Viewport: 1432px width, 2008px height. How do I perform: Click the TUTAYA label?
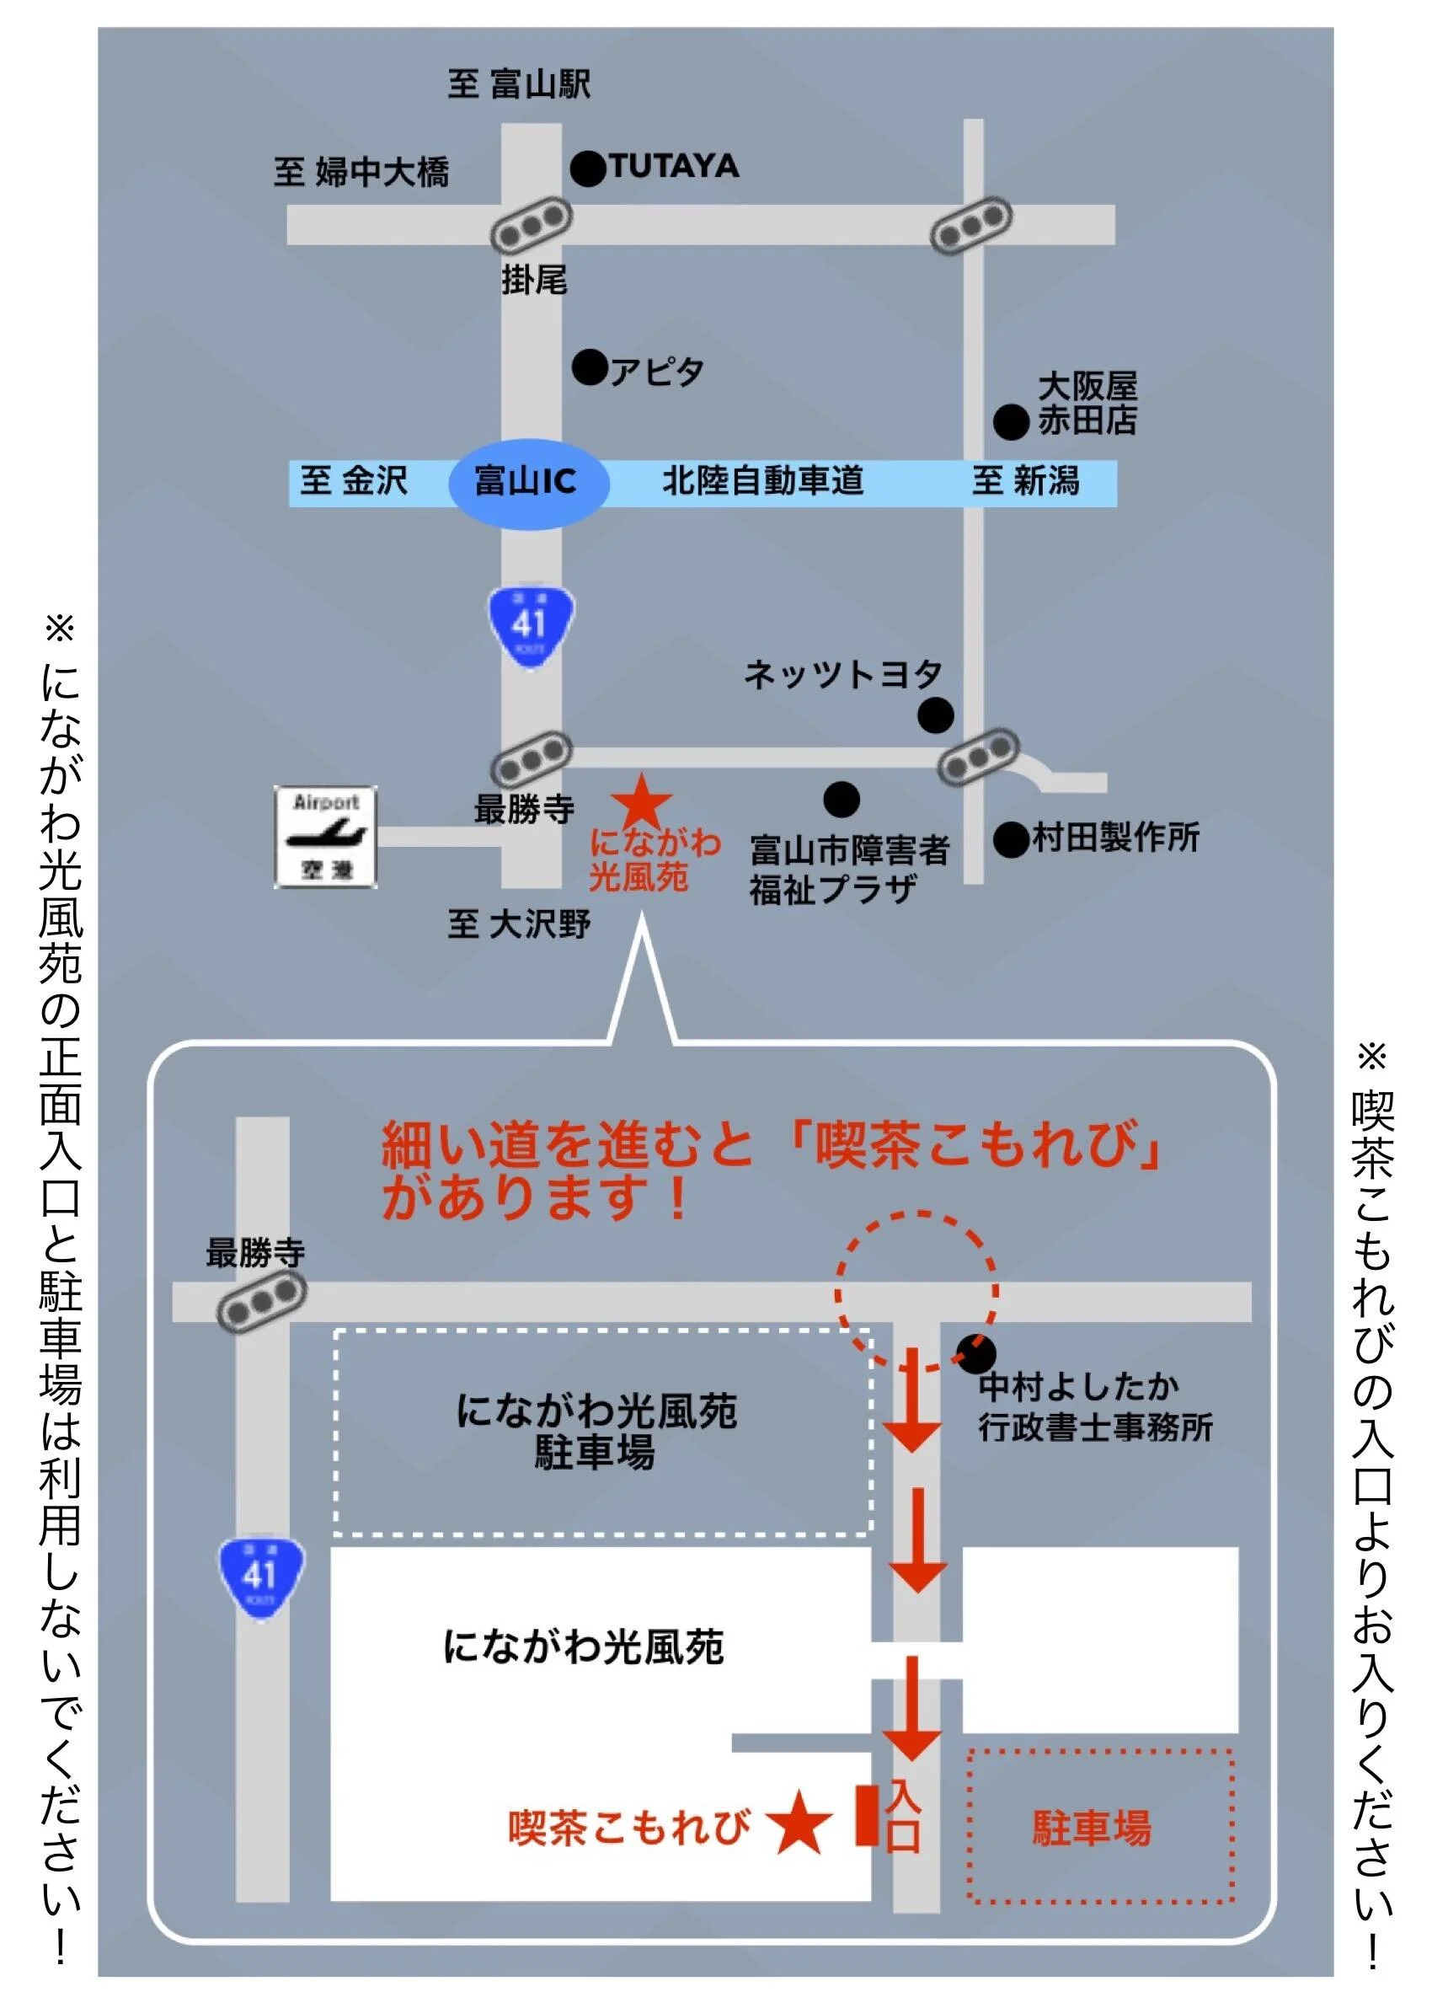[x=674, y=166]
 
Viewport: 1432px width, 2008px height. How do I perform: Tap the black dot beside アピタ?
[x=590, y=367]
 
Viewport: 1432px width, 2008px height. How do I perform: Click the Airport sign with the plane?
[x=325, y=836]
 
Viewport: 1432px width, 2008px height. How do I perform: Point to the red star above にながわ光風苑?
[x=643, y=801]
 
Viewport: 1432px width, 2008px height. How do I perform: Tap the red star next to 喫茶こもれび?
[x=798, y=1823]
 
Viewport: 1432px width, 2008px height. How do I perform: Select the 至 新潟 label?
[x=1024, y=481]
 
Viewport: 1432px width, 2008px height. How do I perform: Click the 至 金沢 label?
[x=354, y=481]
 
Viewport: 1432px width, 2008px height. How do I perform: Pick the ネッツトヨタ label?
[x=843, y=675]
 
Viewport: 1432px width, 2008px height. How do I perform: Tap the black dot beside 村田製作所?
[x=1011, y=839]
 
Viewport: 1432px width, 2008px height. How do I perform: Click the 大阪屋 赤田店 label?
[x=1087, y=403]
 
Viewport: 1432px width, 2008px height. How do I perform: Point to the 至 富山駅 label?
[x=519, y=84]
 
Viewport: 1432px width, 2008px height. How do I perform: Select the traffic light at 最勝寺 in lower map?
[x=261, y=1302]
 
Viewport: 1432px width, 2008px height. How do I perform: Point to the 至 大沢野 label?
[x=519, y=924]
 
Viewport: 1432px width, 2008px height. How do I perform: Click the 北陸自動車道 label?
[x=762, y=481]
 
